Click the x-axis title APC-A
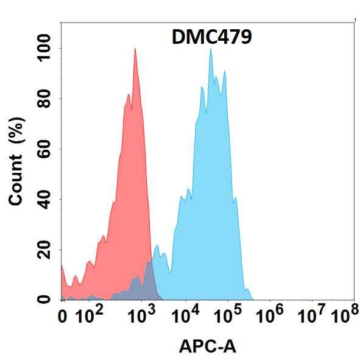(207, 347)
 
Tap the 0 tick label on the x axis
(62, 317)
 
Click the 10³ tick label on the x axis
(141, 315)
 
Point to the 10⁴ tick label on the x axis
(186, 315)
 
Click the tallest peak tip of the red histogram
(135, 49)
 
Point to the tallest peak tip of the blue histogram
(211, 49)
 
